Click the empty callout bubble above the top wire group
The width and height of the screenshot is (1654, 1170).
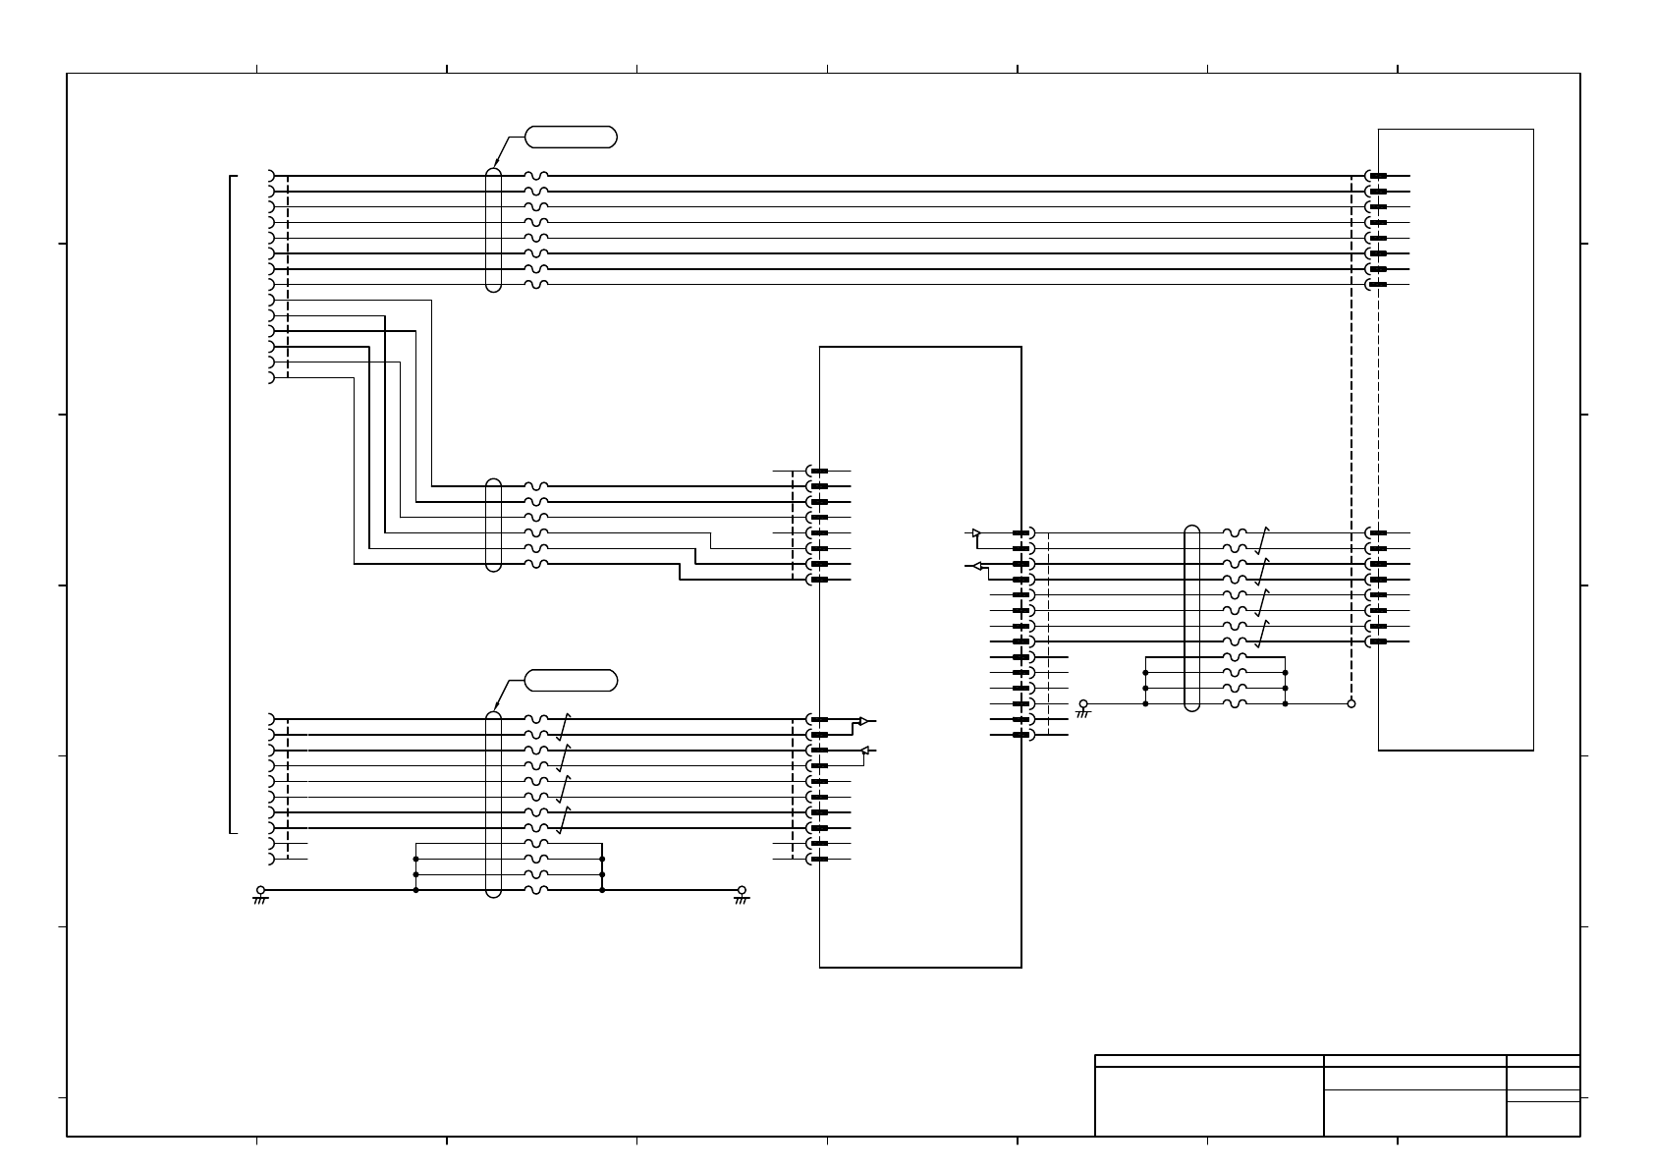coord(571,137)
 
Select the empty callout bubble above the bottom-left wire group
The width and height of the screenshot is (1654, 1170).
coord(571,680)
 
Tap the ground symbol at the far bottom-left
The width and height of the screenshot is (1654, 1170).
coord(260,894)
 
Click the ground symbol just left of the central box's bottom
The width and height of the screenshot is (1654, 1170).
coord(742,894)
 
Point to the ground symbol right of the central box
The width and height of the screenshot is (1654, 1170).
coord(1083,707)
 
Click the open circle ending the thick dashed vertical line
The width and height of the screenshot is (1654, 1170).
coord(1351,703)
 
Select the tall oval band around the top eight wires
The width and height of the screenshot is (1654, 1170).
coord(493,229)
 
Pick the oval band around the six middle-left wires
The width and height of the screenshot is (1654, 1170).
coord(493,525)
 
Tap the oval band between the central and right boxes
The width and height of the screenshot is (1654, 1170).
coord(1192,618)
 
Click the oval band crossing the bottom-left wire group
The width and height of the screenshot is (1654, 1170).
coord(493,804)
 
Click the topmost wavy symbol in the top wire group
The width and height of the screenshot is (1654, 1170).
coord(536,176)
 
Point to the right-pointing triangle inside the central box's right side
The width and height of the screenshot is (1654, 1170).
coord(975,533)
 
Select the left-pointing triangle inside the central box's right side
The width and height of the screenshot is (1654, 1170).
coord(973,566)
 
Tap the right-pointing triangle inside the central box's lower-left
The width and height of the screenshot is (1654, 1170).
coord(863,721)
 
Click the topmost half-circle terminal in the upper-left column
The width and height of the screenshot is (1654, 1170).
coord(271,176)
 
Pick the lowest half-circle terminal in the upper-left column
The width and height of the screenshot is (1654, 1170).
coord(271,377)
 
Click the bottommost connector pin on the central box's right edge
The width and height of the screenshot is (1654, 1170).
coord(1021,735)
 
